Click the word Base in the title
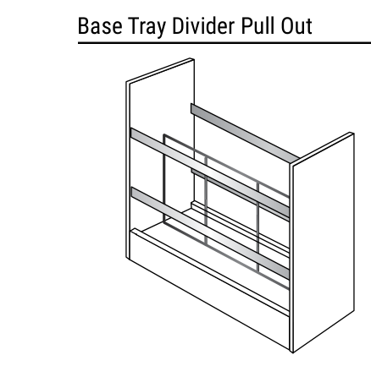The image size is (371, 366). coord(100,26)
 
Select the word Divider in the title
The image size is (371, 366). coord(203,25)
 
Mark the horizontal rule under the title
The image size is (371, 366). coord(224,43)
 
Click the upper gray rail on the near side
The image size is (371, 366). coord(210,172)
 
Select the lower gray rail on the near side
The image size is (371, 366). coord(210,232)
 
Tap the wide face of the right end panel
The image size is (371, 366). coord(324,243)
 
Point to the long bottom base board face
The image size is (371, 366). coord(209,290)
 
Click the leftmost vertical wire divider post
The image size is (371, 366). coord(164,178)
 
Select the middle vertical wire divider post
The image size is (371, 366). coord(206,200)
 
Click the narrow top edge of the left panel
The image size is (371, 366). coord(160,70)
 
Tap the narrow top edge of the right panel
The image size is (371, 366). coord(322,149)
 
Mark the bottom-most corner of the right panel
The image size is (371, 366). coord(293,352)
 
